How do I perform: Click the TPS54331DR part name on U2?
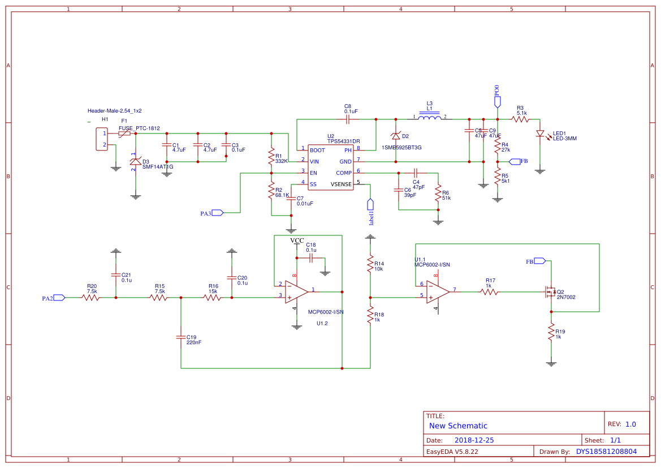[x=343, y=141]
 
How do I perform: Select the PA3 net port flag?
[x=218, y=213]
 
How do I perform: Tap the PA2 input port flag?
[x=59, y=297]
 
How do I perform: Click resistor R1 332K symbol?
[x=271, y=158]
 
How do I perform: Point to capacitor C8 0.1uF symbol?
[x=348, y=119]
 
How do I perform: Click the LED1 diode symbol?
[x=540, y=134]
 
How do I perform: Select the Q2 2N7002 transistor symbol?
[x=549, y=292]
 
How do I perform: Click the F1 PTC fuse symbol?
[x=124, y=134]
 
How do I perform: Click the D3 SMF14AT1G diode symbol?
[x=135, y=161]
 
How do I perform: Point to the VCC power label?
[x=297, y=241]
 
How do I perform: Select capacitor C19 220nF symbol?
[x=181, y=338]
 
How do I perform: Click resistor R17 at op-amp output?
[x=490, y=292]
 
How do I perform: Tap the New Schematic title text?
[x=458, y=426]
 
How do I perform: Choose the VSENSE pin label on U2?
[x=341, y=184]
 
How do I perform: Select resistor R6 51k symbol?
[x=438, y=194]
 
